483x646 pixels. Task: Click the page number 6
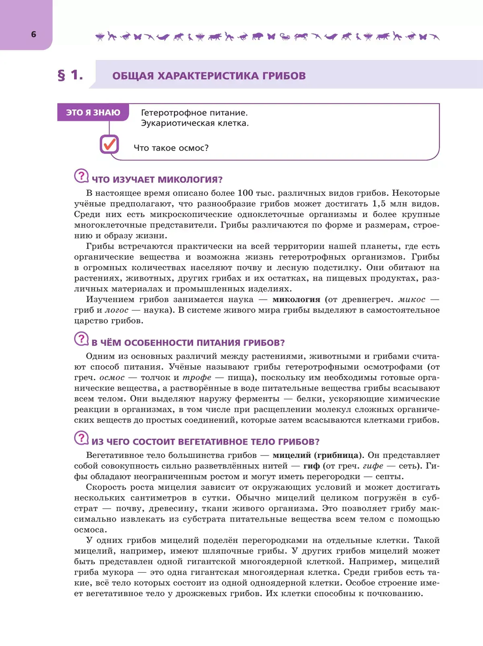pyautogui.click(x=33, y=35)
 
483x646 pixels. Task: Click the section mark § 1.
pyautogui.click(x=70, y=75)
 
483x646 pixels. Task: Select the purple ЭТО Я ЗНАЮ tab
pyautogui.click(x=93, y=113)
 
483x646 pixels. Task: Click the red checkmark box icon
pyautogui.click(x=109, y=144)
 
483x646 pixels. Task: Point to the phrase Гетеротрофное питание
pyautogui.click(x=194, y=113)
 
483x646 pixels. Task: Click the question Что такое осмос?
pyautogui.click(x=171, y=148)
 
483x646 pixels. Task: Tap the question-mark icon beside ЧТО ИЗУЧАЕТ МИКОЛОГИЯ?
pyautogui.click(x=81, y=176)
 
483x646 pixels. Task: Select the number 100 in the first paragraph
pyautogui.click(x=245, y=193)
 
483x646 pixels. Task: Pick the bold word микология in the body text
pyautogui.click(x=296, y=299)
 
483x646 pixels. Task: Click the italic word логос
pyautogui.click(x=117, y=310)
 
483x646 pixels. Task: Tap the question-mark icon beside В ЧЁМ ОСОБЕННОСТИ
pyautogui.click(x=81, y=339)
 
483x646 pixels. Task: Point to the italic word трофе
pyautogui.click(x=197, y=377)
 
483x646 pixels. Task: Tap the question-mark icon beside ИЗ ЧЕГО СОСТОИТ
pyautogui.click(x=81, y=438)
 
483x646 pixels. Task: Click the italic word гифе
pyautogui.click(x=373, y=466)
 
